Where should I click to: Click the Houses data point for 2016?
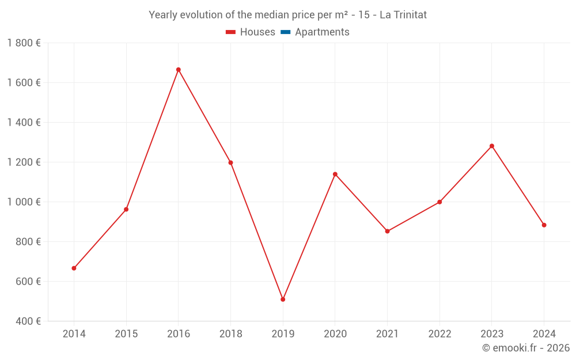(178, 70)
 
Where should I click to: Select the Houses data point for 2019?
(283, 300)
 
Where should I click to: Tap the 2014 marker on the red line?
(74, 268)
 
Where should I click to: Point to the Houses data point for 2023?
(492, 146)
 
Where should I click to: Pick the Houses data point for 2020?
(335, 174)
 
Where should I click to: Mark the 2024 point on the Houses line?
(544, 225)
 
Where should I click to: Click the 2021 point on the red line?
(387, 232)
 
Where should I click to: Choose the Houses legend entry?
(251, 32)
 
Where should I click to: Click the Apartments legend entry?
(321, 32)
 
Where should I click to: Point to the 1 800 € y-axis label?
(24, 43)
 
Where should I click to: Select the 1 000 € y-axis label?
(24, 202)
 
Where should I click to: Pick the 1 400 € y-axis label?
(24, 123)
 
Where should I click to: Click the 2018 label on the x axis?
(230, 334)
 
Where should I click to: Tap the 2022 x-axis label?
(439, 334)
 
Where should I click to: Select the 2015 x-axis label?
(126, 334)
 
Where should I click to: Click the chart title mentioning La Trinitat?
(287, 15)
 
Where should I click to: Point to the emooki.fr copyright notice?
(526, 348)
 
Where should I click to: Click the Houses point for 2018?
(230, 163)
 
